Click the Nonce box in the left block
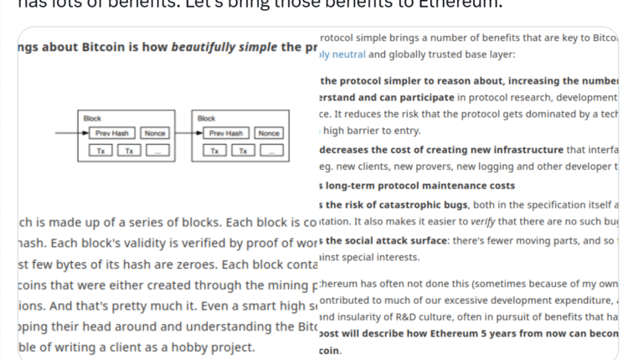(x=155, y=133)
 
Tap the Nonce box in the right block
(x=269, y=133)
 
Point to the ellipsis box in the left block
(x=157, y=151)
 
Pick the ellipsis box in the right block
(x=271, y=151)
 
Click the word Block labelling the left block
(x=92, y=119)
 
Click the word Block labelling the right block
(x=206, y=119)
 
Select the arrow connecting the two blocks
(x=182, y=133)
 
